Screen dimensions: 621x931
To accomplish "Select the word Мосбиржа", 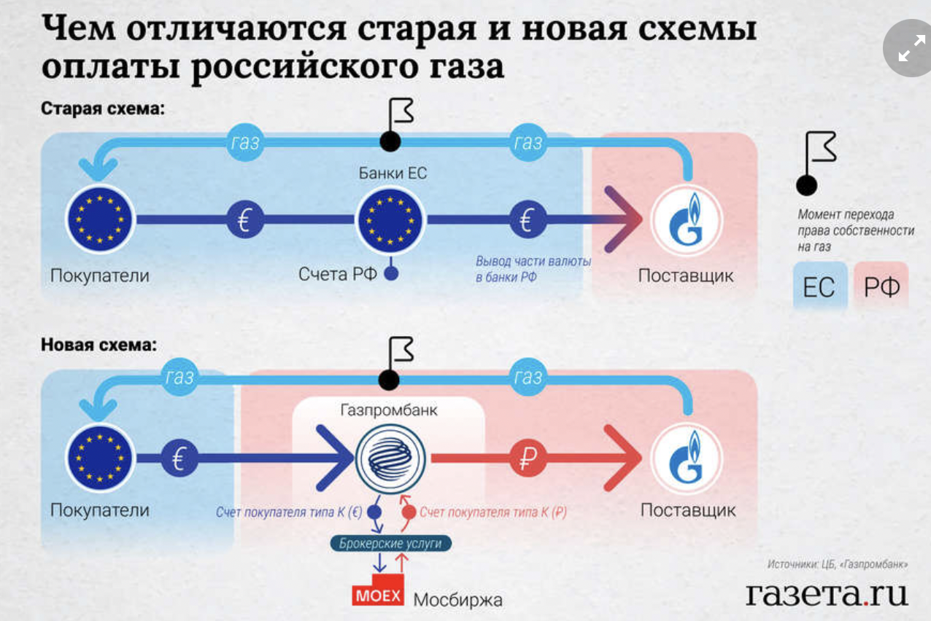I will [458, 601].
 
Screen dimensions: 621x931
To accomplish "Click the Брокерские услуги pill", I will [390, 544].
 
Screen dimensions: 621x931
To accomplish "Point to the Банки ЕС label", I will [392, 173].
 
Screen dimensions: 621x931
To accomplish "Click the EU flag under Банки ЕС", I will [390, 219].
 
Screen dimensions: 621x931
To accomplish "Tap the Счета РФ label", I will [337, 275].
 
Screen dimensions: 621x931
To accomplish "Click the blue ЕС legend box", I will [819, 287].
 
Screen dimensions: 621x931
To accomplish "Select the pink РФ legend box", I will [881, 287].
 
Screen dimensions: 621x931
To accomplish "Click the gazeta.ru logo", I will [827, 593].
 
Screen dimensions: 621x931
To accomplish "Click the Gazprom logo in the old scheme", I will [687, 219].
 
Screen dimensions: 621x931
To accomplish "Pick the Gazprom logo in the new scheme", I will [687, 459].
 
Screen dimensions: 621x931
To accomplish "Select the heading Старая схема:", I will [103, 109].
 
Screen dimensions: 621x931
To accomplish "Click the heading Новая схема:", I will [98, 344].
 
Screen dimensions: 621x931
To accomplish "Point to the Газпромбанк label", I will [389, 410].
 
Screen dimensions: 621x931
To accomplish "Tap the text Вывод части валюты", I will [533, 262].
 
